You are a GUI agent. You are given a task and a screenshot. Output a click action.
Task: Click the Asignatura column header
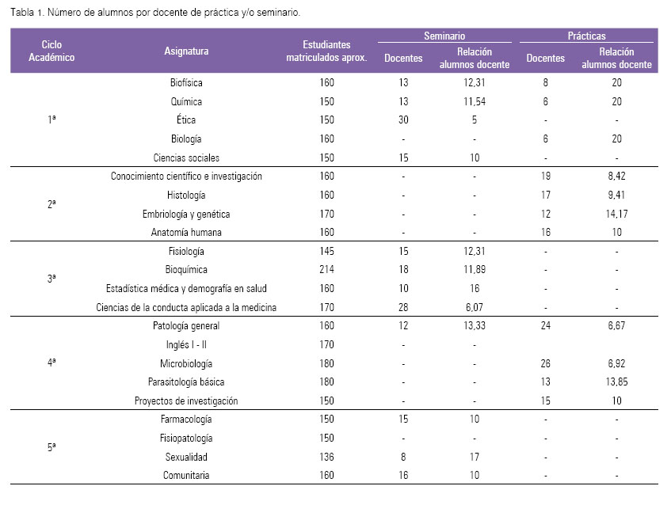186,51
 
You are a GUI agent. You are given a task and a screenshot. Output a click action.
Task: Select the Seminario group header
444,36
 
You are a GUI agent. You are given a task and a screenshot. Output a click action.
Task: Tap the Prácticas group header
586,36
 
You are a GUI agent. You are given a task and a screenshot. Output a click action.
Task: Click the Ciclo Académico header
51,51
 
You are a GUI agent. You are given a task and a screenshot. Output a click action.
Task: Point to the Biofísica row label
186,82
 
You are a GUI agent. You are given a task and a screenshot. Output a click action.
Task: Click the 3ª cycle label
51,279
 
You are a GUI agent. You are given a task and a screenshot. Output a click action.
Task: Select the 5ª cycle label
51,447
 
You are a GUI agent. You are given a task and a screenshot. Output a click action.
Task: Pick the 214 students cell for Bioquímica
326,269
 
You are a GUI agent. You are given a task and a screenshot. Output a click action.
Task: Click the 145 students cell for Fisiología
326,251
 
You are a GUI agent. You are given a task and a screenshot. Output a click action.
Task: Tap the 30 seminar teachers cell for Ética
403,120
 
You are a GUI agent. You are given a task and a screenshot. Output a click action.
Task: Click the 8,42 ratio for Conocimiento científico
616,176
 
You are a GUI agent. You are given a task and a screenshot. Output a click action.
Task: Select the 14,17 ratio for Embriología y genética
616,214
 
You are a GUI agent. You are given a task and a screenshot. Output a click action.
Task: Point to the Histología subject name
186,195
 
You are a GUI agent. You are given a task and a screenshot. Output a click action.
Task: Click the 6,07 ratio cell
475,307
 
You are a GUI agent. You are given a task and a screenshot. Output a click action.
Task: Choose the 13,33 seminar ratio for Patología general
475,325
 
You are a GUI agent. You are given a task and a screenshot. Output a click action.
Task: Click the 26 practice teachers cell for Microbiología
545,363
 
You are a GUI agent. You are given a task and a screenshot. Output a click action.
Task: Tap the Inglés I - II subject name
186,344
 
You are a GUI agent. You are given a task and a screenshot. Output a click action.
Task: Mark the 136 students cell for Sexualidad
326,457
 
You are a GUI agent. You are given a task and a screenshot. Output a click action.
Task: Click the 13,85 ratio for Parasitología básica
616,382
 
